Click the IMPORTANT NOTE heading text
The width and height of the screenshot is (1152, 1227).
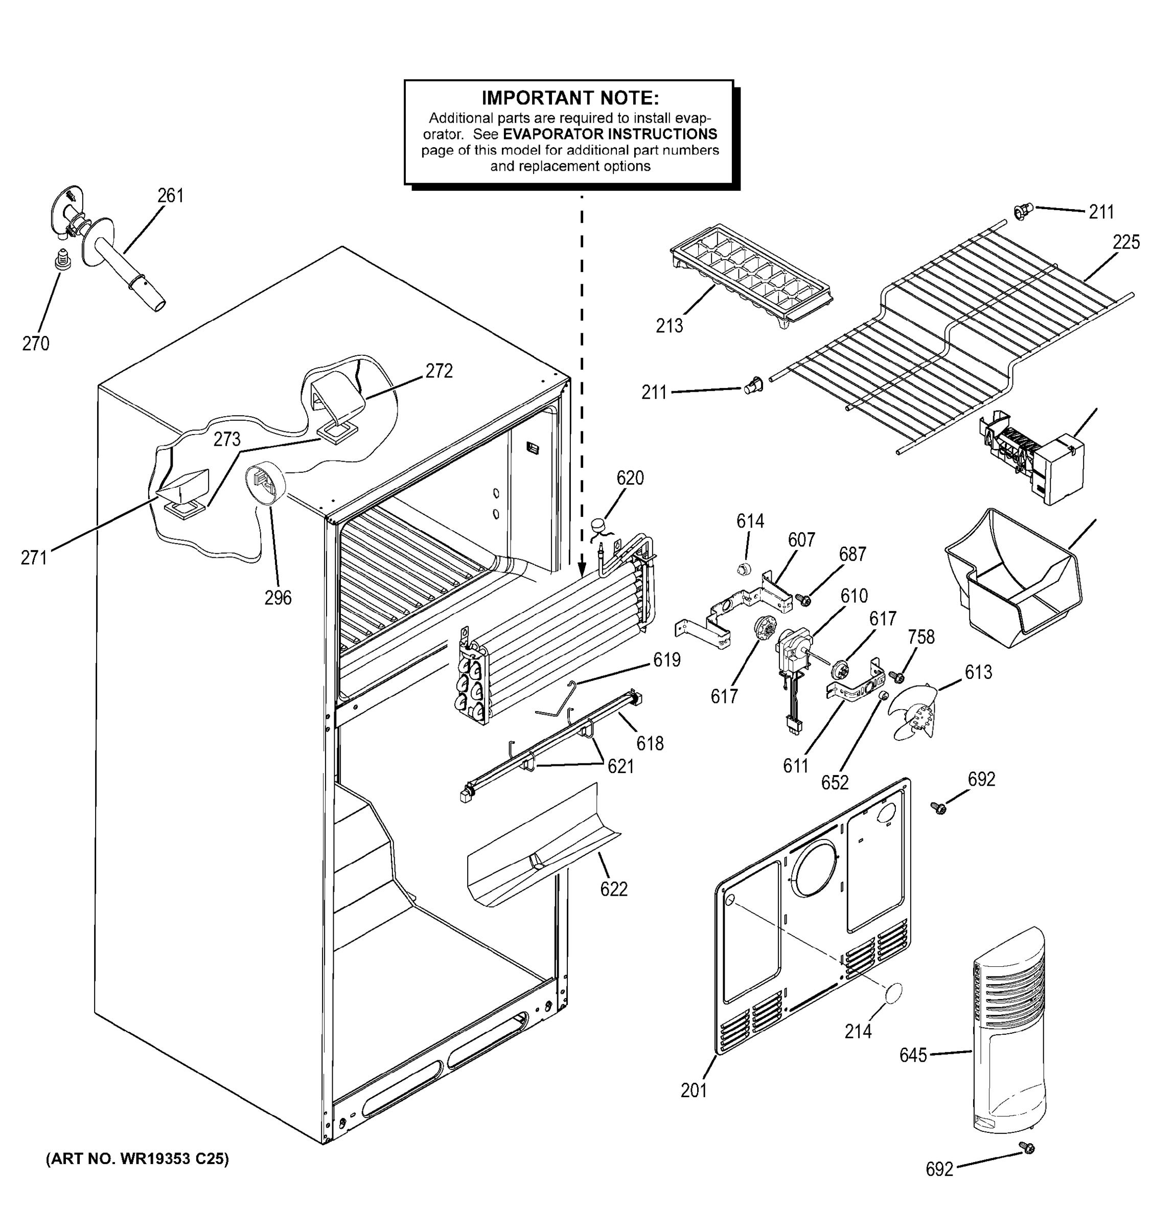[x=569, y=98]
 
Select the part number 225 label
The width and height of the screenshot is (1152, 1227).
[x=1125, y=242]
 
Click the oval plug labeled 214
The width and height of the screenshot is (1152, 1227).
[x=893, y=994]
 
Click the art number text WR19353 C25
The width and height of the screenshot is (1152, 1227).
[x=137, y=1159]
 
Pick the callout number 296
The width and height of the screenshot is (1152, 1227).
[x=278, y=598]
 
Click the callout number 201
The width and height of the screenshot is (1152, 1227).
[x=694, y=1090]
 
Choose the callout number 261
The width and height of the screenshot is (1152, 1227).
[x=171, y=196]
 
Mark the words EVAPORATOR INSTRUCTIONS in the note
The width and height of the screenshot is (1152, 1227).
[x=610, y=134]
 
